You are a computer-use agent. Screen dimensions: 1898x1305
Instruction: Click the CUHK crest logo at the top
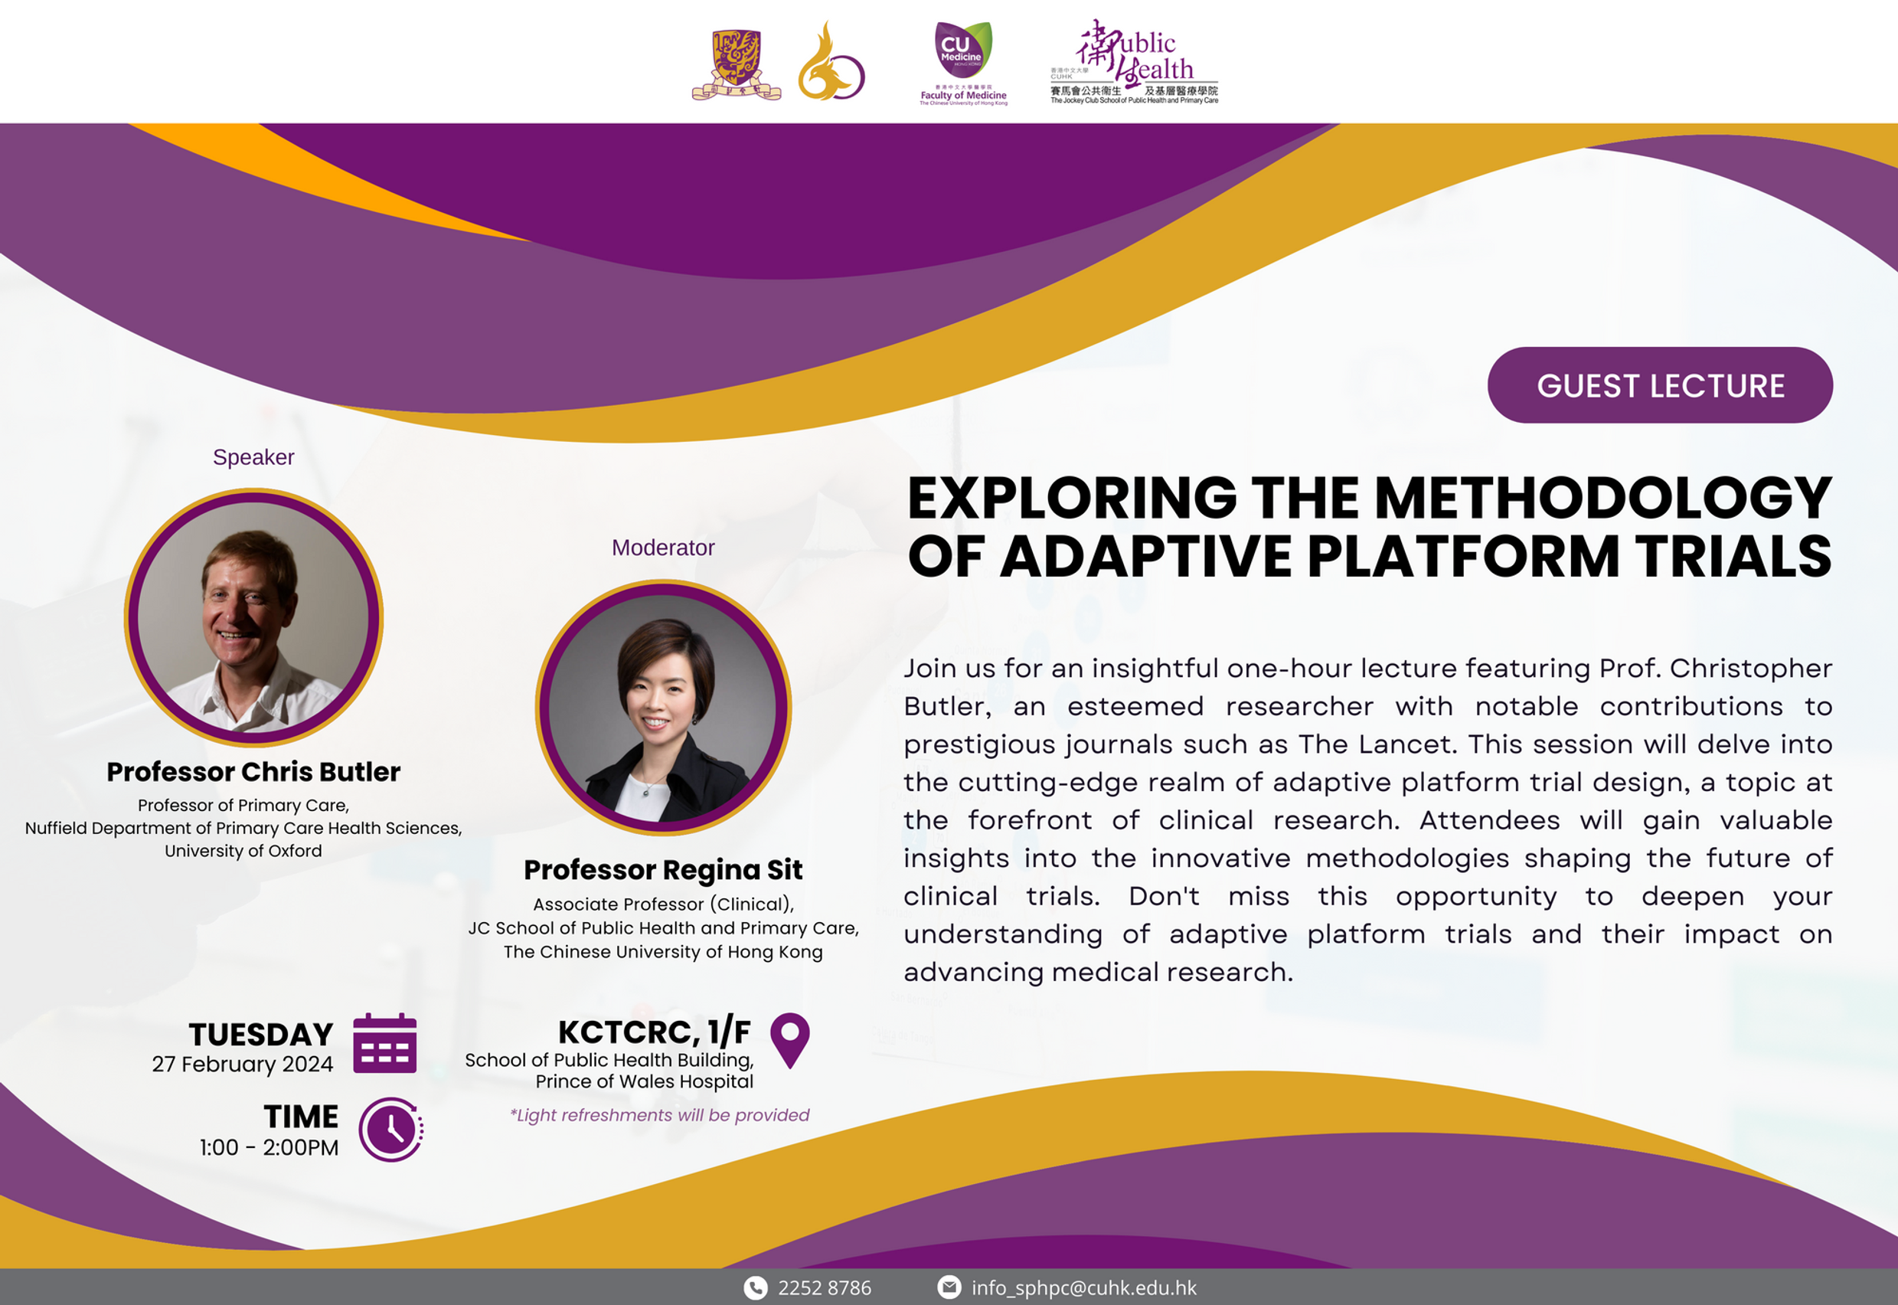(737, 64)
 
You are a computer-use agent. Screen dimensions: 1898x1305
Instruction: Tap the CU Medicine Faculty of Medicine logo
(964, 63)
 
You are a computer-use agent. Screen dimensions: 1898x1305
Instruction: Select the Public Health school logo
(1135, 62)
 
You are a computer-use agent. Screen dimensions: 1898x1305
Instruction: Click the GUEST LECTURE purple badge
(1659, 385)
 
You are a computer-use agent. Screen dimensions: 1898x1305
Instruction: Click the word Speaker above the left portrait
(253, 457)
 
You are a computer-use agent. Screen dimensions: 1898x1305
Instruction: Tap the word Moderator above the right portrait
(663, 548)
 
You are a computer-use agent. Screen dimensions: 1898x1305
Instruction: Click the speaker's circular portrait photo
(253, 617)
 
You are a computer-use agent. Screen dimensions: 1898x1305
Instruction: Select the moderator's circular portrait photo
(663, 708)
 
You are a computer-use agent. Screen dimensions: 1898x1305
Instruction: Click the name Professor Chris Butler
(253, 772)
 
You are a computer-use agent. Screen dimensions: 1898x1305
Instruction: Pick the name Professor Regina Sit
(663, 870)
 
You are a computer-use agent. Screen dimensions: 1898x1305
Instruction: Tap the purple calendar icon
(385, 1043)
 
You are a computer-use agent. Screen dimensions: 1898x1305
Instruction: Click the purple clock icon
(391, 1129)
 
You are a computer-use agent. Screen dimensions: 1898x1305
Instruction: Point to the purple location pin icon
(789, 1040)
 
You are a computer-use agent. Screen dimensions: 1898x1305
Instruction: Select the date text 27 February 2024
(243, 1065)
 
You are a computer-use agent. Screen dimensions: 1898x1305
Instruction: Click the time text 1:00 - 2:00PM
(269, 1148)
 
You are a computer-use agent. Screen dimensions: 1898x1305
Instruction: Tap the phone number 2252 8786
(825, 1288)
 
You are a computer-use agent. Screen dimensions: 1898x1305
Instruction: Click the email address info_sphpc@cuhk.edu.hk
(1084, 1288)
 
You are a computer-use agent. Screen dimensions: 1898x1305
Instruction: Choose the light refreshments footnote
(660, 1115)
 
